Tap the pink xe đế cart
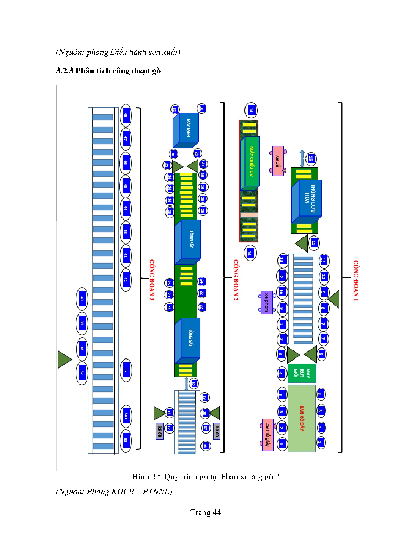278,161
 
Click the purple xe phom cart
267,302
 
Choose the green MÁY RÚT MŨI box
301,373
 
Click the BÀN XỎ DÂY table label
301,418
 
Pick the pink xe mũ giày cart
268,434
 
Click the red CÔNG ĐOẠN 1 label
356,280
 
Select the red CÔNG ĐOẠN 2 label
236,280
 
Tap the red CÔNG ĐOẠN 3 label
152,280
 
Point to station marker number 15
311,158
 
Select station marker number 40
82,299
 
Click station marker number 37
82,372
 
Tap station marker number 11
314,243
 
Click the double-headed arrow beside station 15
302,158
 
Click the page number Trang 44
206,512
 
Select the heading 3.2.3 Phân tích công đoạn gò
108,71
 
